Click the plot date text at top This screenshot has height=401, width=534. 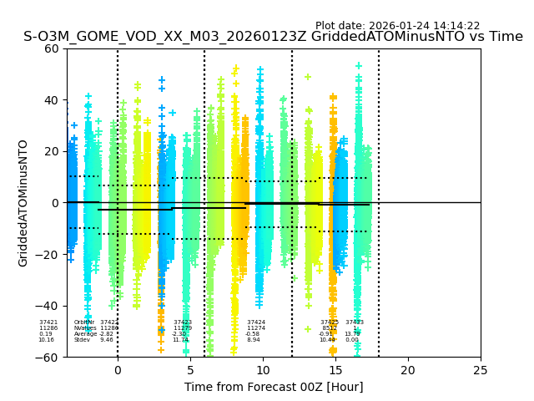pyautogui.click(x=397, y=26)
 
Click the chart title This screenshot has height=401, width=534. pyautogui.click(x=273, y=37)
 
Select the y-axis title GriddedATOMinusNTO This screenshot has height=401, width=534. pyautogui.click(x=23, y=203)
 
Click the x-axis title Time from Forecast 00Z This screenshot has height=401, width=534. pyautogui.click(x=274, y=387)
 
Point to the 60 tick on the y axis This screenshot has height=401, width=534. pyautogui.click(x=52, y=48)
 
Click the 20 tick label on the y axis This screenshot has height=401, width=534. pyautogui.click(x=52, y=151)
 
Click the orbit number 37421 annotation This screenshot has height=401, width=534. pyautogui.click(x=48, y=322)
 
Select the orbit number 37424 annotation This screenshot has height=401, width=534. pyautogui.click(x=256, y=322)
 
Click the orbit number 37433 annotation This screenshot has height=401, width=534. pyautogui.click(x=355, y=322)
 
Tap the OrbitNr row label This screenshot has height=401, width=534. pyautogui.click(x=84, y=322)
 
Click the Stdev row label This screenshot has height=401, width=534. pyautogui.click(x=82, y=340)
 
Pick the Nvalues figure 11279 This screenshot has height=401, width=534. pyautogui.click(x=182, y=328)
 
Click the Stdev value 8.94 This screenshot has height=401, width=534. pyautogui.click(x=254, y=340)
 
